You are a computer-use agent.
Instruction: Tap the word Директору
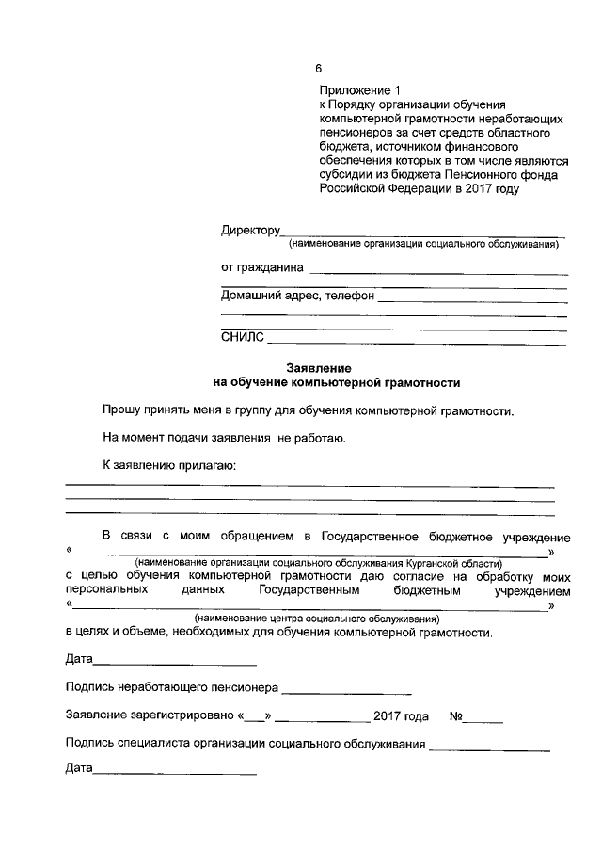coord(251,231)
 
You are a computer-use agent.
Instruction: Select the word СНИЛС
coord(243,336)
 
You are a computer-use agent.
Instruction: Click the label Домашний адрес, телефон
coord(297,296)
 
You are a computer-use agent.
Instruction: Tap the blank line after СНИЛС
coord(417,340)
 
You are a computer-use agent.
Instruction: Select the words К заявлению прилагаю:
coord(169,465)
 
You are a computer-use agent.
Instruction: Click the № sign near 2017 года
coord(456,715)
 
